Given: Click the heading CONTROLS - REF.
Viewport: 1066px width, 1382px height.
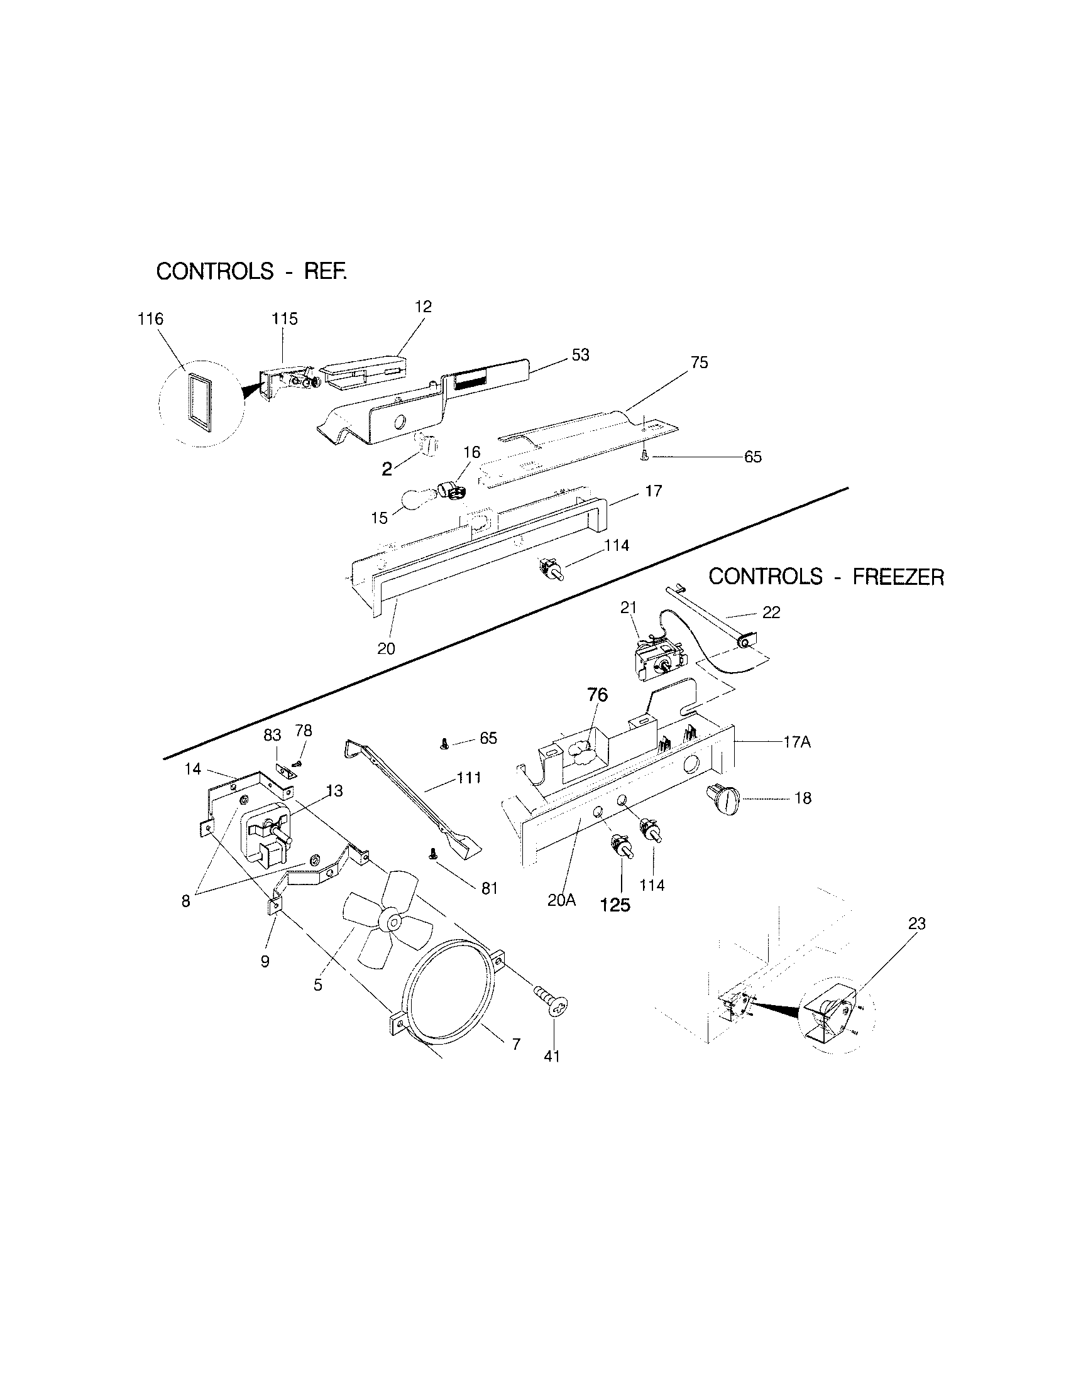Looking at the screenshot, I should click(x=251, y=271).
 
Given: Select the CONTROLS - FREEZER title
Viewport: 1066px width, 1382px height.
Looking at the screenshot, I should click(x=825, y=577).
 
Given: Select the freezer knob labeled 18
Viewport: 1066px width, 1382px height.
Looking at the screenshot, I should click(x=724, y=801).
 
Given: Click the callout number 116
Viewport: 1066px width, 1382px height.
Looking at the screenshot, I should click(x=150, y=320).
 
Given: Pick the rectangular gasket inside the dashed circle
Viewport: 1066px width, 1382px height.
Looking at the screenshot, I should click(x=199, y=403).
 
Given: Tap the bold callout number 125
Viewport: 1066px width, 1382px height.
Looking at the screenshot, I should click(x=615, y=905).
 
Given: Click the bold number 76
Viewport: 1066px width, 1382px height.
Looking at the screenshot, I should click(x=598, y=695).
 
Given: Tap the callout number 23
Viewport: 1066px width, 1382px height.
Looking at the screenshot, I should click(x=916, y=924).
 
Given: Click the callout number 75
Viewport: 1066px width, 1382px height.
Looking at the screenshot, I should click(x=700, y=362).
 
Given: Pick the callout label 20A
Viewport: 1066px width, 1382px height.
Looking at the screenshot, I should click(x=561, y=900).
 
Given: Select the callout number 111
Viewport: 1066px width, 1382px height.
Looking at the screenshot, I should click(x=470, y=778).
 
